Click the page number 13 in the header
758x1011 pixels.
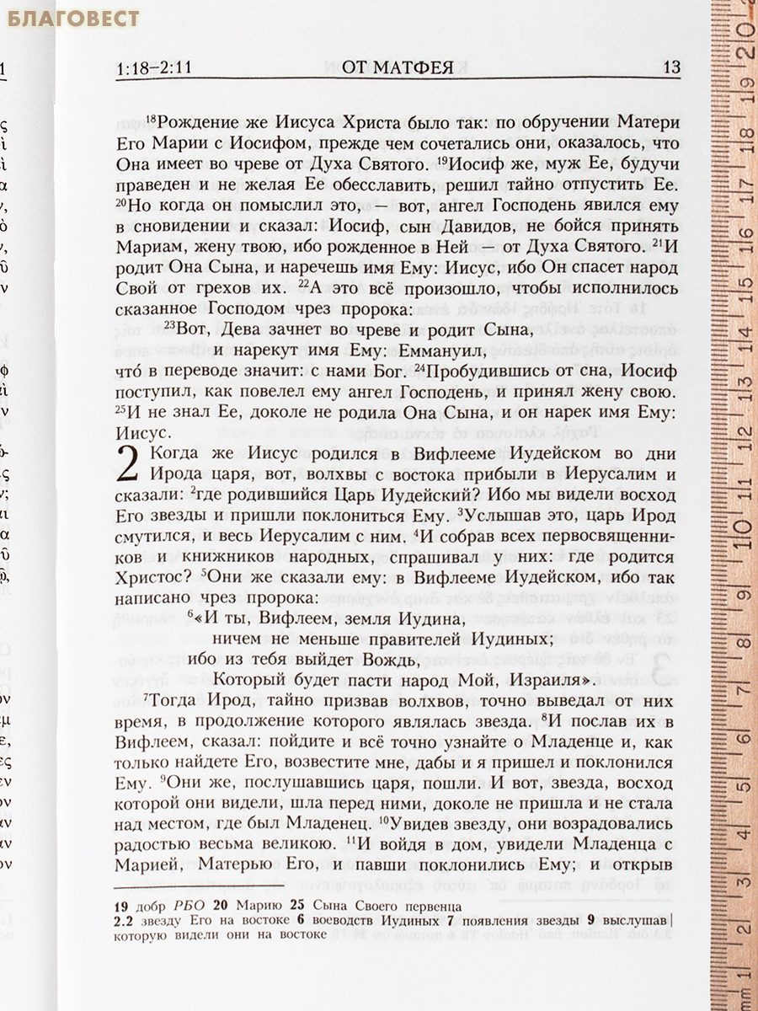click(671, 67)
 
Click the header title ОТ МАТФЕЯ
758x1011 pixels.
click(398, 67)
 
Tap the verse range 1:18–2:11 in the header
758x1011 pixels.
click(155, 67)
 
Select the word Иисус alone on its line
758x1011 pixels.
click(142, 433)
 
